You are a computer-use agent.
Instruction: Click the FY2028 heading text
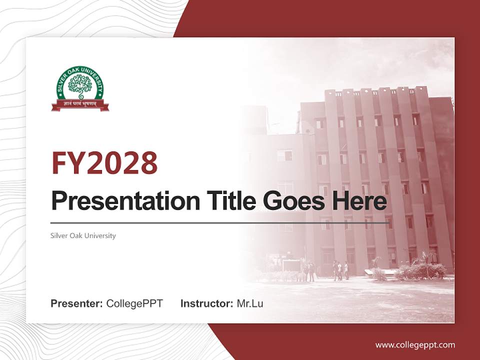(104, 163)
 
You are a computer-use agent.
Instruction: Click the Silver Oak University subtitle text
(83, 235)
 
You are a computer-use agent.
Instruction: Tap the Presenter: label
(77, 303)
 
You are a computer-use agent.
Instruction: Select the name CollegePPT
(134, 303)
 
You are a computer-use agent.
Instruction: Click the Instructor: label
(206, 303)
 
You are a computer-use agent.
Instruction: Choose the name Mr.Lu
(250, 303)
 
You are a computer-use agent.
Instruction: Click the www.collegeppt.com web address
(415, 344)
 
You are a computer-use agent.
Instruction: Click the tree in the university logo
(80, 85)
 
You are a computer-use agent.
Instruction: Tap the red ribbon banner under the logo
(80, 104)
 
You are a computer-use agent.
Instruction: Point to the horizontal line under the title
(220, 222)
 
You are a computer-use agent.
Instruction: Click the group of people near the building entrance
(340, 270)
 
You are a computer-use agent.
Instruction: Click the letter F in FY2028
(59, 163)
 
